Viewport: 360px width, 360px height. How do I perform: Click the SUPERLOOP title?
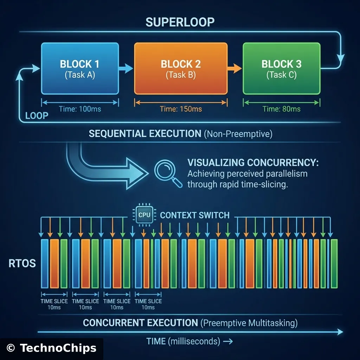(x=180, y=22)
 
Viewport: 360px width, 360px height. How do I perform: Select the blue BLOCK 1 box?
(x=79, y=68)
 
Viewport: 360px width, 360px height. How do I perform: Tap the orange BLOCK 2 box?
(x=181, y=68)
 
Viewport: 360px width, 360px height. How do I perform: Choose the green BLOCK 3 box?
(x=281, y=68)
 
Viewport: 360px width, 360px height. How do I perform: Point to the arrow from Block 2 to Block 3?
(x=233, y=68)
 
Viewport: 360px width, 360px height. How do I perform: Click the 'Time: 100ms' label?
(x=80, y=109)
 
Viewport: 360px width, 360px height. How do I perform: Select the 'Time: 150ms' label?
(x=181, y=109)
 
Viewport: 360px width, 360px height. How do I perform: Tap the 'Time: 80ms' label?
(x=281, y=109)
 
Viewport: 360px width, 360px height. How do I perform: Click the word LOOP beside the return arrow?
(x=37, y=116)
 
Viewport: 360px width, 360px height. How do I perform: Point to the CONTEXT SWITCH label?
(x=194, y=215)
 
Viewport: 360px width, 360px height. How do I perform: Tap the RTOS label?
(x=22, y=263)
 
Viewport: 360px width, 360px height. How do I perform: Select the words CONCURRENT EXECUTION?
(x=141, y=322)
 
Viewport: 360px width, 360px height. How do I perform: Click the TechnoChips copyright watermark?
(x=51, y=348)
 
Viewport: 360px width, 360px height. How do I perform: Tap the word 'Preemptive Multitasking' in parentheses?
(x=250, y=322)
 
